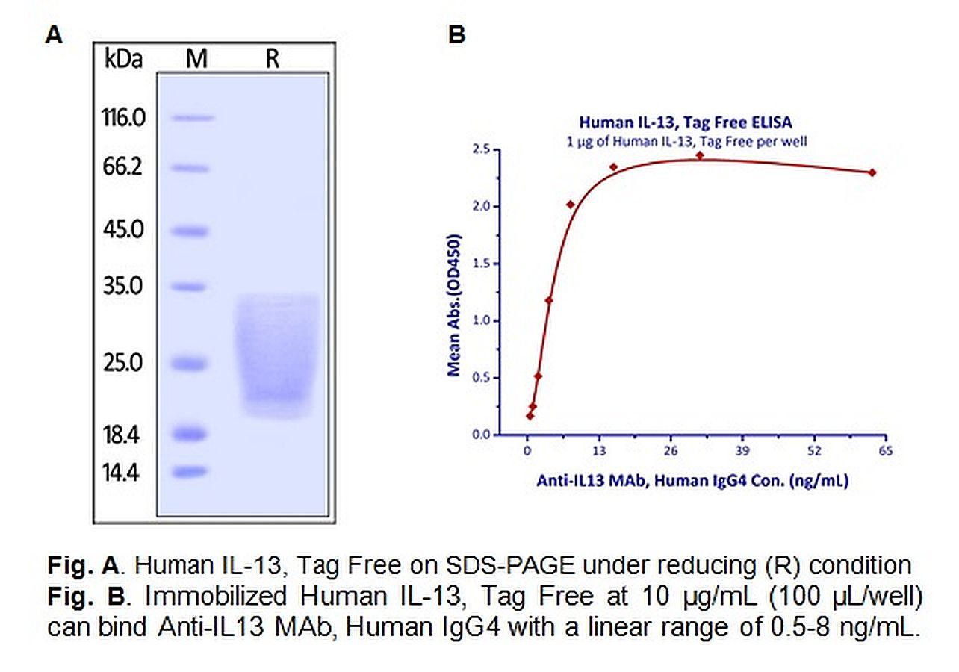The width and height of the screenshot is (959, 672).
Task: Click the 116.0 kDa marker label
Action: tap(125, 118)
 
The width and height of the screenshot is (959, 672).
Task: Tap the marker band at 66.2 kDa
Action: tap(193, 168)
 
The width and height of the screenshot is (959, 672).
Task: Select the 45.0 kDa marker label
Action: tap(125, 229)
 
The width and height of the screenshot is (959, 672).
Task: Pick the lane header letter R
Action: tap(272, 60)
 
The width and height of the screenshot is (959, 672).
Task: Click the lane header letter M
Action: tap(196, 60)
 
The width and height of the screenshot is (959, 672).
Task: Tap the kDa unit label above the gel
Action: tap(123, 60)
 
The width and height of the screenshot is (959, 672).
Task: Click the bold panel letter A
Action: tap(54, 34)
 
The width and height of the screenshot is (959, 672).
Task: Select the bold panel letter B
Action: tap(456, 34)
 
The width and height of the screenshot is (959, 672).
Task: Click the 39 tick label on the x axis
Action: tap(742, 451)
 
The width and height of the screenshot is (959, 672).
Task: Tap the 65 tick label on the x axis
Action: tap(887, 451)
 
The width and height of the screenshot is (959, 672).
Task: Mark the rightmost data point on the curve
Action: tap(872, 172)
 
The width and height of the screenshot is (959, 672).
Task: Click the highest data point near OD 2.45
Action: tap(700, 155)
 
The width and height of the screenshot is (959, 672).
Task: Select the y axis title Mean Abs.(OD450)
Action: tap(453, 305)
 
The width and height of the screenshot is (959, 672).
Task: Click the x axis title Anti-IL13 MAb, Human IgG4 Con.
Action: tap(692, 482)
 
